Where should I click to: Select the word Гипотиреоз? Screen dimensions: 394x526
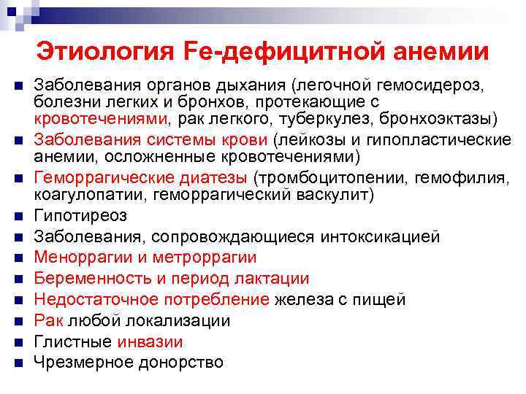[81, 216]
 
